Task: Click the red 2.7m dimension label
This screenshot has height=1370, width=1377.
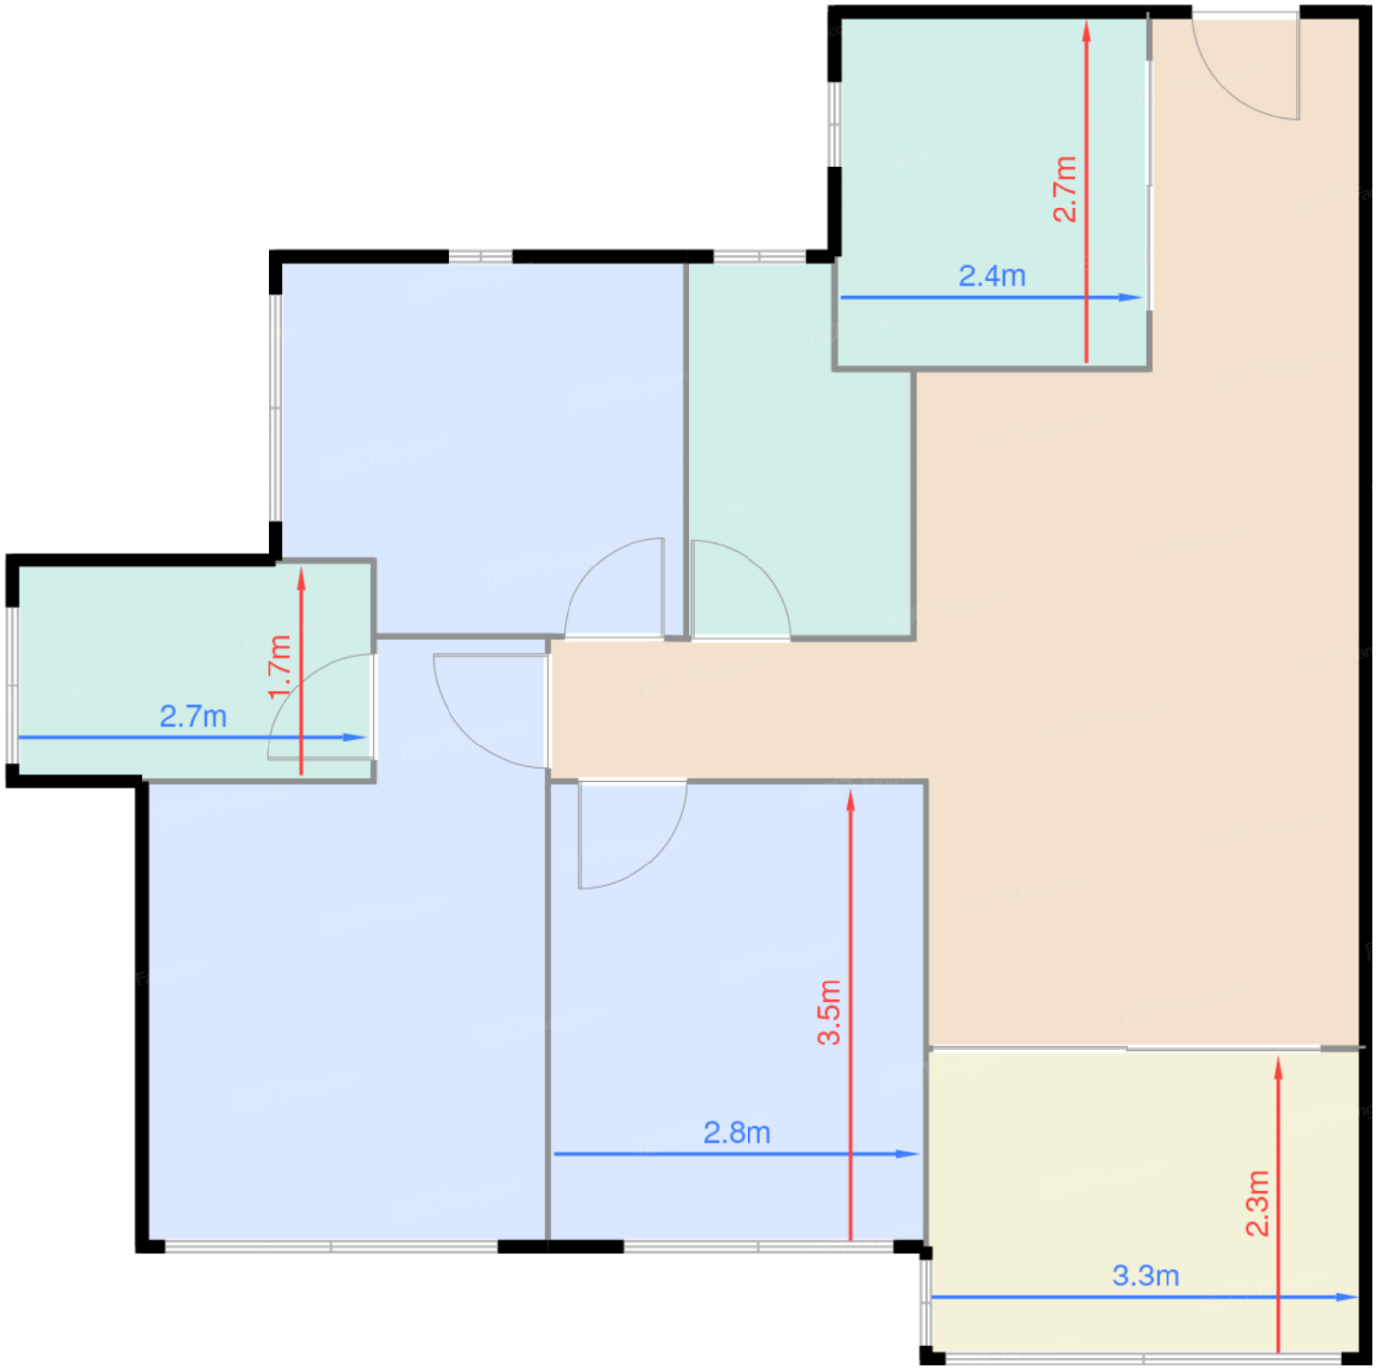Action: point(1065,189)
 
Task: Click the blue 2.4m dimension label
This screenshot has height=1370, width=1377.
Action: point(991,275)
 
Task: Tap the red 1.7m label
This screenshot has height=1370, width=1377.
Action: point(279,667)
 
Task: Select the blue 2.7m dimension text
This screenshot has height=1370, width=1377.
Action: point(194,716)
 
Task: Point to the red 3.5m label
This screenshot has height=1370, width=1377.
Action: point(829,1013)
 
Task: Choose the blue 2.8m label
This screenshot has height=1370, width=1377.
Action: point(737,1133)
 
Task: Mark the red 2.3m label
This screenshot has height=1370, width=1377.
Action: point(1257,1204)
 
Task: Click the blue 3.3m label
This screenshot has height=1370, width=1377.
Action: point(1146,1276)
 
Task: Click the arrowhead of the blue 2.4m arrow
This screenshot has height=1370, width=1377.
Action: point(1130,297)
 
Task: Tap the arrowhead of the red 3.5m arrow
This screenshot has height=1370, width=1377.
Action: point(851,802)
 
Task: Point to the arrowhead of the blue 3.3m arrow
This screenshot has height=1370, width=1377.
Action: point(1346,1297)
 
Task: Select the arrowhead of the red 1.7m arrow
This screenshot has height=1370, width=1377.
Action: point(302,579)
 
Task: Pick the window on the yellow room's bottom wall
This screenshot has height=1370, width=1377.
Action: point(1143,1358)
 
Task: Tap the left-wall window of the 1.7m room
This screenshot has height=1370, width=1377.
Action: point(12,685)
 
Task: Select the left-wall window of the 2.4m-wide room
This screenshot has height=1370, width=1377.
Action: point(835,125)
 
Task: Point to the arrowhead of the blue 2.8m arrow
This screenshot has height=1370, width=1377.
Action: point(907,1154)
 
